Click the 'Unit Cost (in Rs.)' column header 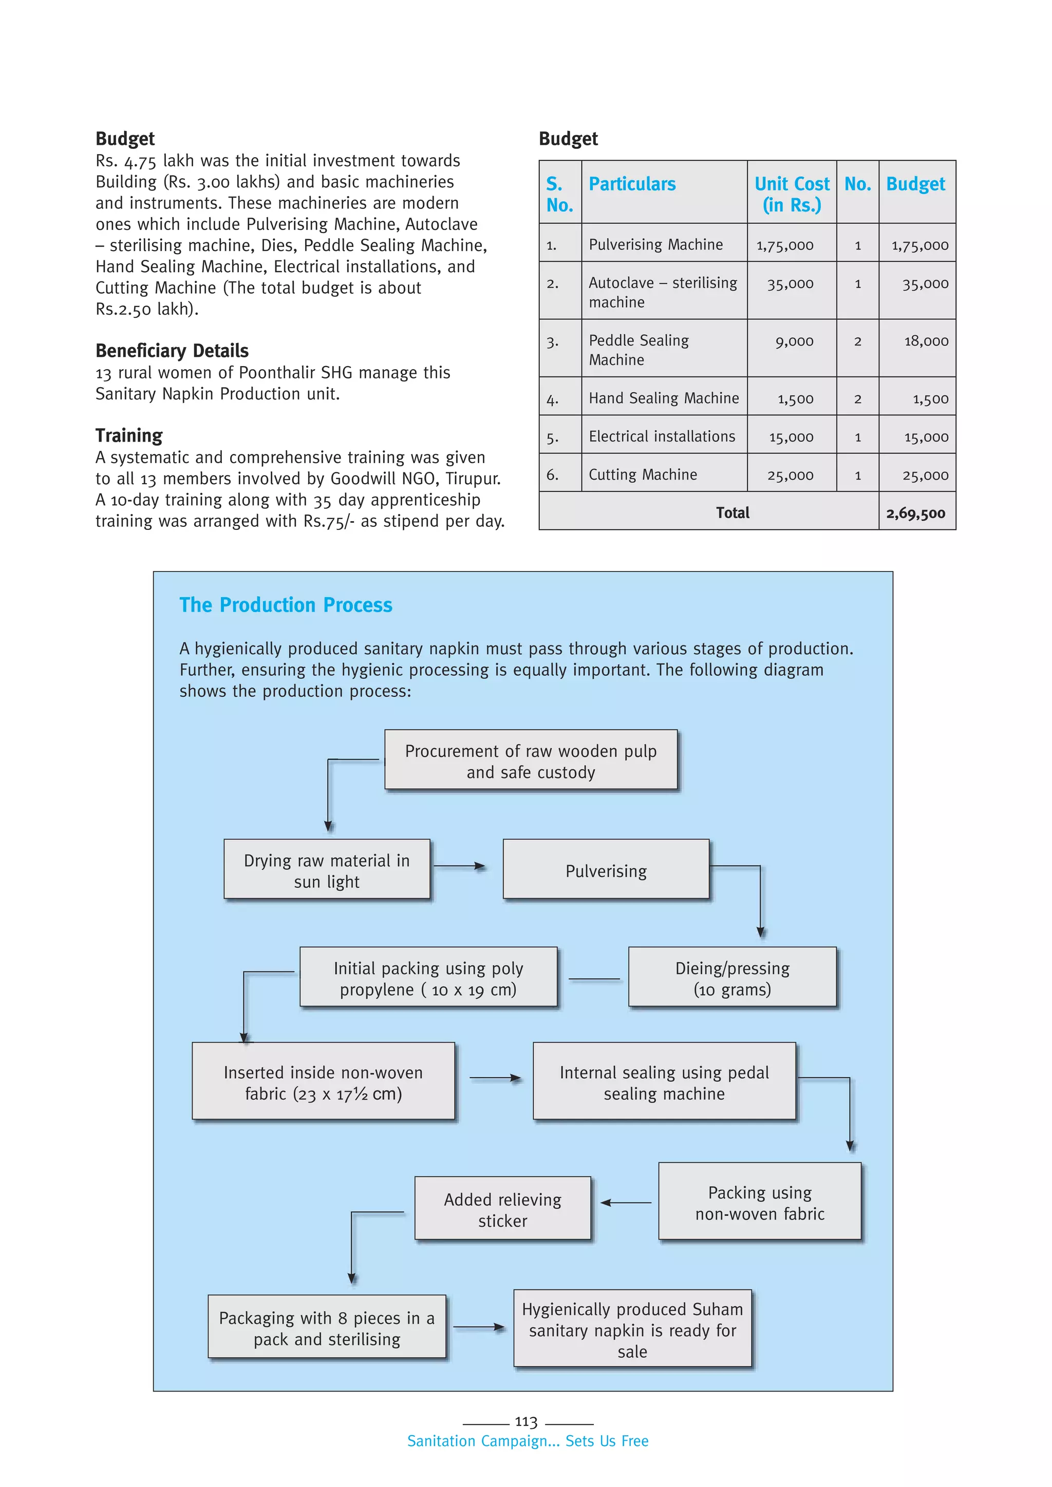[x=792, y=194]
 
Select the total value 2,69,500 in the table [x=915, y=513]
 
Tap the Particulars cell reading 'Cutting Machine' [x=643, y=475]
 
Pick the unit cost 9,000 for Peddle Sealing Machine [x=794, y=341]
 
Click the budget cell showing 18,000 [x=926, y=341]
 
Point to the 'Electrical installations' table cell [x=662, y=436]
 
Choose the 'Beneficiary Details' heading [x=172, y=351]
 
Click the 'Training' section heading [x=129, y=436]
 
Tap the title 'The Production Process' [x=286, y=605]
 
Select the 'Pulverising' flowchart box [x=606, y=870]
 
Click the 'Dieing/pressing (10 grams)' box [x=732, y=978]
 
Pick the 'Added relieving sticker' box [x=503, y=1209]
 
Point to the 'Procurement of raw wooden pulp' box [x=531, y=761]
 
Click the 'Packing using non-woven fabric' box [x=760, y=1203]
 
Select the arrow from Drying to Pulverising [x=460, y=866]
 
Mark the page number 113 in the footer [x=526, y=1422]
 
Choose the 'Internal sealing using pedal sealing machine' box [x=664, y=1083]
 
